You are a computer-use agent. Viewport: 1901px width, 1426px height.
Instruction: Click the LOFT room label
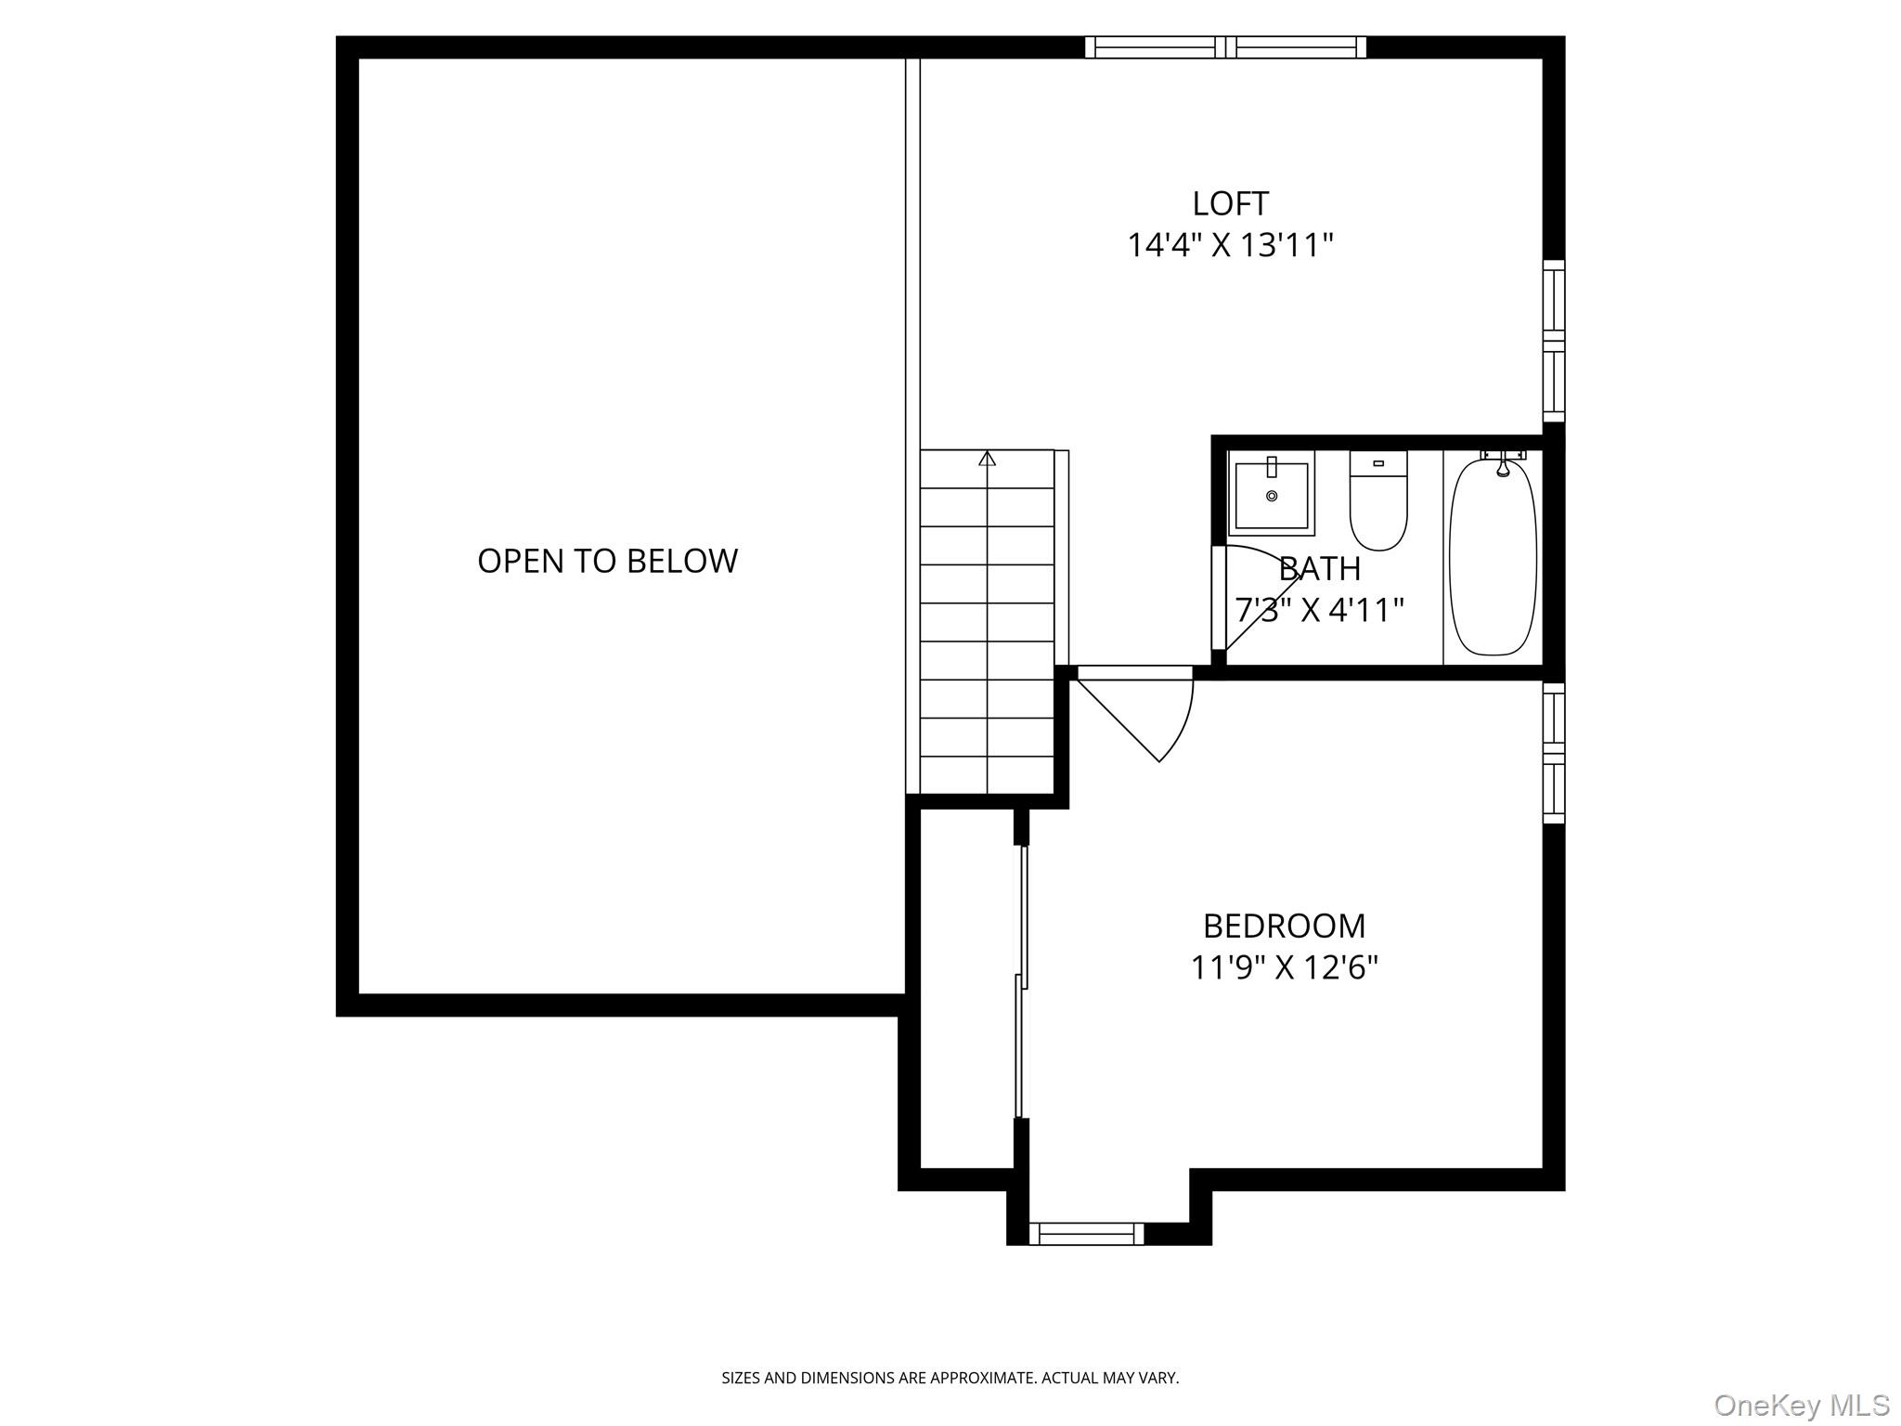1230,203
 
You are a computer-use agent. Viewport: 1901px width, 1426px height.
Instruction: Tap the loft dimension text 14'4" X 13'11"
1230,246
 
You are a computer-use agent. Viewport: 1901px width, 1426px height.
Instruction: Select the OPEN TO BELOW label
607,561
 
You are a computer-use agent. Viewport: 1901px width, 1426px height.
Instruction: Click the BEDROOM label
1284,926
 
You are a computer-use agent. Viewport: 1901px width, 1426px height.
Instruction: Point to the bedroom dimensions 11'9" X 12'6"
1284,968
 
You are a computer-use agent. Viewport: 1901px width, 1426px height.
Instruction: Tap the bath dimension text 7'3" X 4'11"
1318,610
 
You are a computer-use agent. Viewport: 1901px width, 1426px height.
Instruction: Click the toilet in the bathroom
1378,501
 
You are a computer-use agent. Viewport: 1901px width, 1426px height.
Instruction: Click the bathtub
1493,557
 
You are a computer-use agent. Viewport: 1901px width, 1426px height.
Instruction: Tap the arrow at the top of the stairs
987,459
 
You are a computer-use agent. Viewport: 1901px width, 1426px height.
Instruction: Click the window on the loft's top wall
1225,47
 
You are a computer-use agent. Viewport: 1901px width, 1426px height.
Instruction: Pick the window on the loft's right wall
1553,341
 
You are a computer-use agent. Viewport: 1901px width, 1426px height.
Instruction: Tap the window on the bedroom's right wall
1553,753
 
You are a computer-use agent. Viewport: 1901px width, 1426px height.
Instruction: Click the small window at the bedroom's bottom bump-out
1086,1234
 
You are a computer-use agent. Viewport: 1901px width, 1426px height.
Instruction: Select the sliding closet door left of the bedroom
1021,979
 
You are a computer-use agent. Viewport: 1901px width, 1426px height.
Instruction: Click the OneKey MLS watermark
1801,1405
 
